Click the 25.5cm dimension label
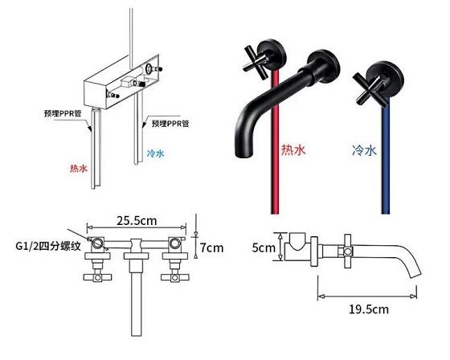[x=137, y=221]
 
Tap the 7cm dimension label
[x=211, y=247]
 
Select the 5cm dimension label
[x=264, y=247]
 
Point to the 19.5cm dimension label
[x=369, y=309]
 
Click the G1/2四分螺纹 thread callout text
[x=48, y=246]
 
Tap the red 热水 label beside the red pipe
[x=293, y=149]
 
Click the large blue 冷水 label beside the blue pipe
[x=364, y=149]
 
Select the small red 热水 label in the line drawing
[x=79, y=168]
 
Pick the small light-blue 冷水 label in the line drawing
[x=155, y=153]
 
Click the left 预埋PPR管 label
[x=63, y=113]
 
